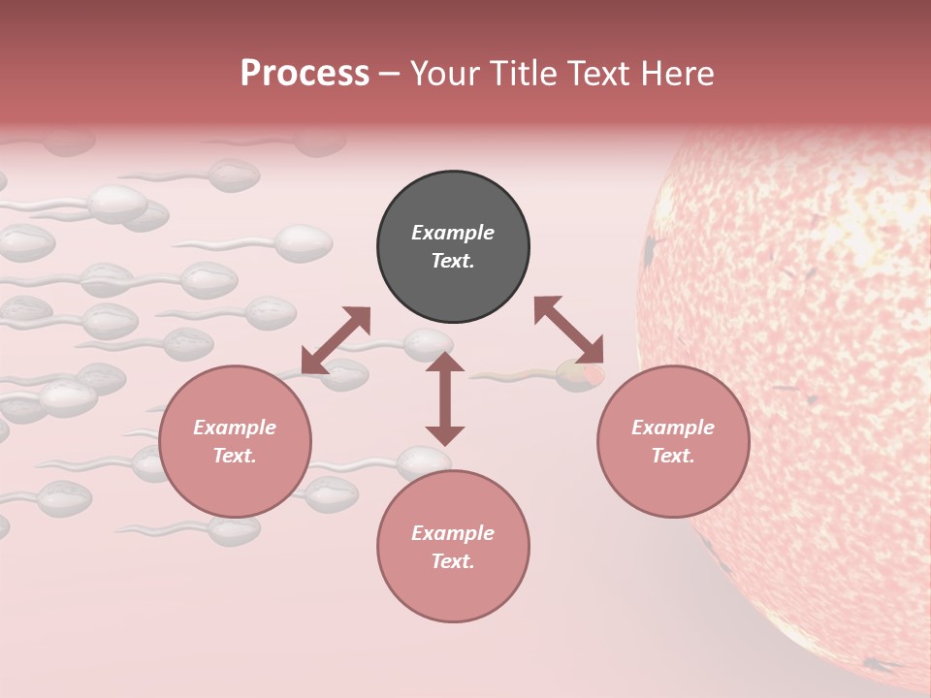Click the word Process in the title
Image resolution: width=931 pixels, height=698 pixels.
coord(305,74)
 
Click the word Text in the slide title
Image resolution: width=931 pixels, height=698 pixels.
coord(600,74)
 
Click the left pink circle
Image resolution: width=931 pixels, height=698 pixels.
coord(235,441)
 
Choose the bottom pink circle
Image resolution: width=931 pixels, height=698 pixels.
coord(453,547)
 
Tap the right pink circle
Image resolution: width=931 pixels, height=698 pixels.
coord(673,441)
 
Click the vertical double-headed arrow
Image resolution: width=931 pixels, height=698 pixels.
coord(445,398)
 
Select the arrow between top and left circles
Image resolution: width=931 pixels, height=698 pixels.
coord(336,340)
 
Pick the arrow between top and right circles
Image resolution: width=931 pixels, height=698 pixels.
coord(568,330)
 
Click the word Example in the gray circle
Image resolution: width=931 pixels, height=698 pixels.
coord(453,233)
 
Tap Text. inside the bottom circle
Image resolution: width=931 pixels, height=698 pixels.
coord(453,561)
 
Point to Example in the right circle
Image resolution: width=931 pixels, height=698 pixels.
coord(673,428)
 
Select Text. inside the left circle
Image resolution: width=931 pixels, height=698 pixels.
coord(235,456)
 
